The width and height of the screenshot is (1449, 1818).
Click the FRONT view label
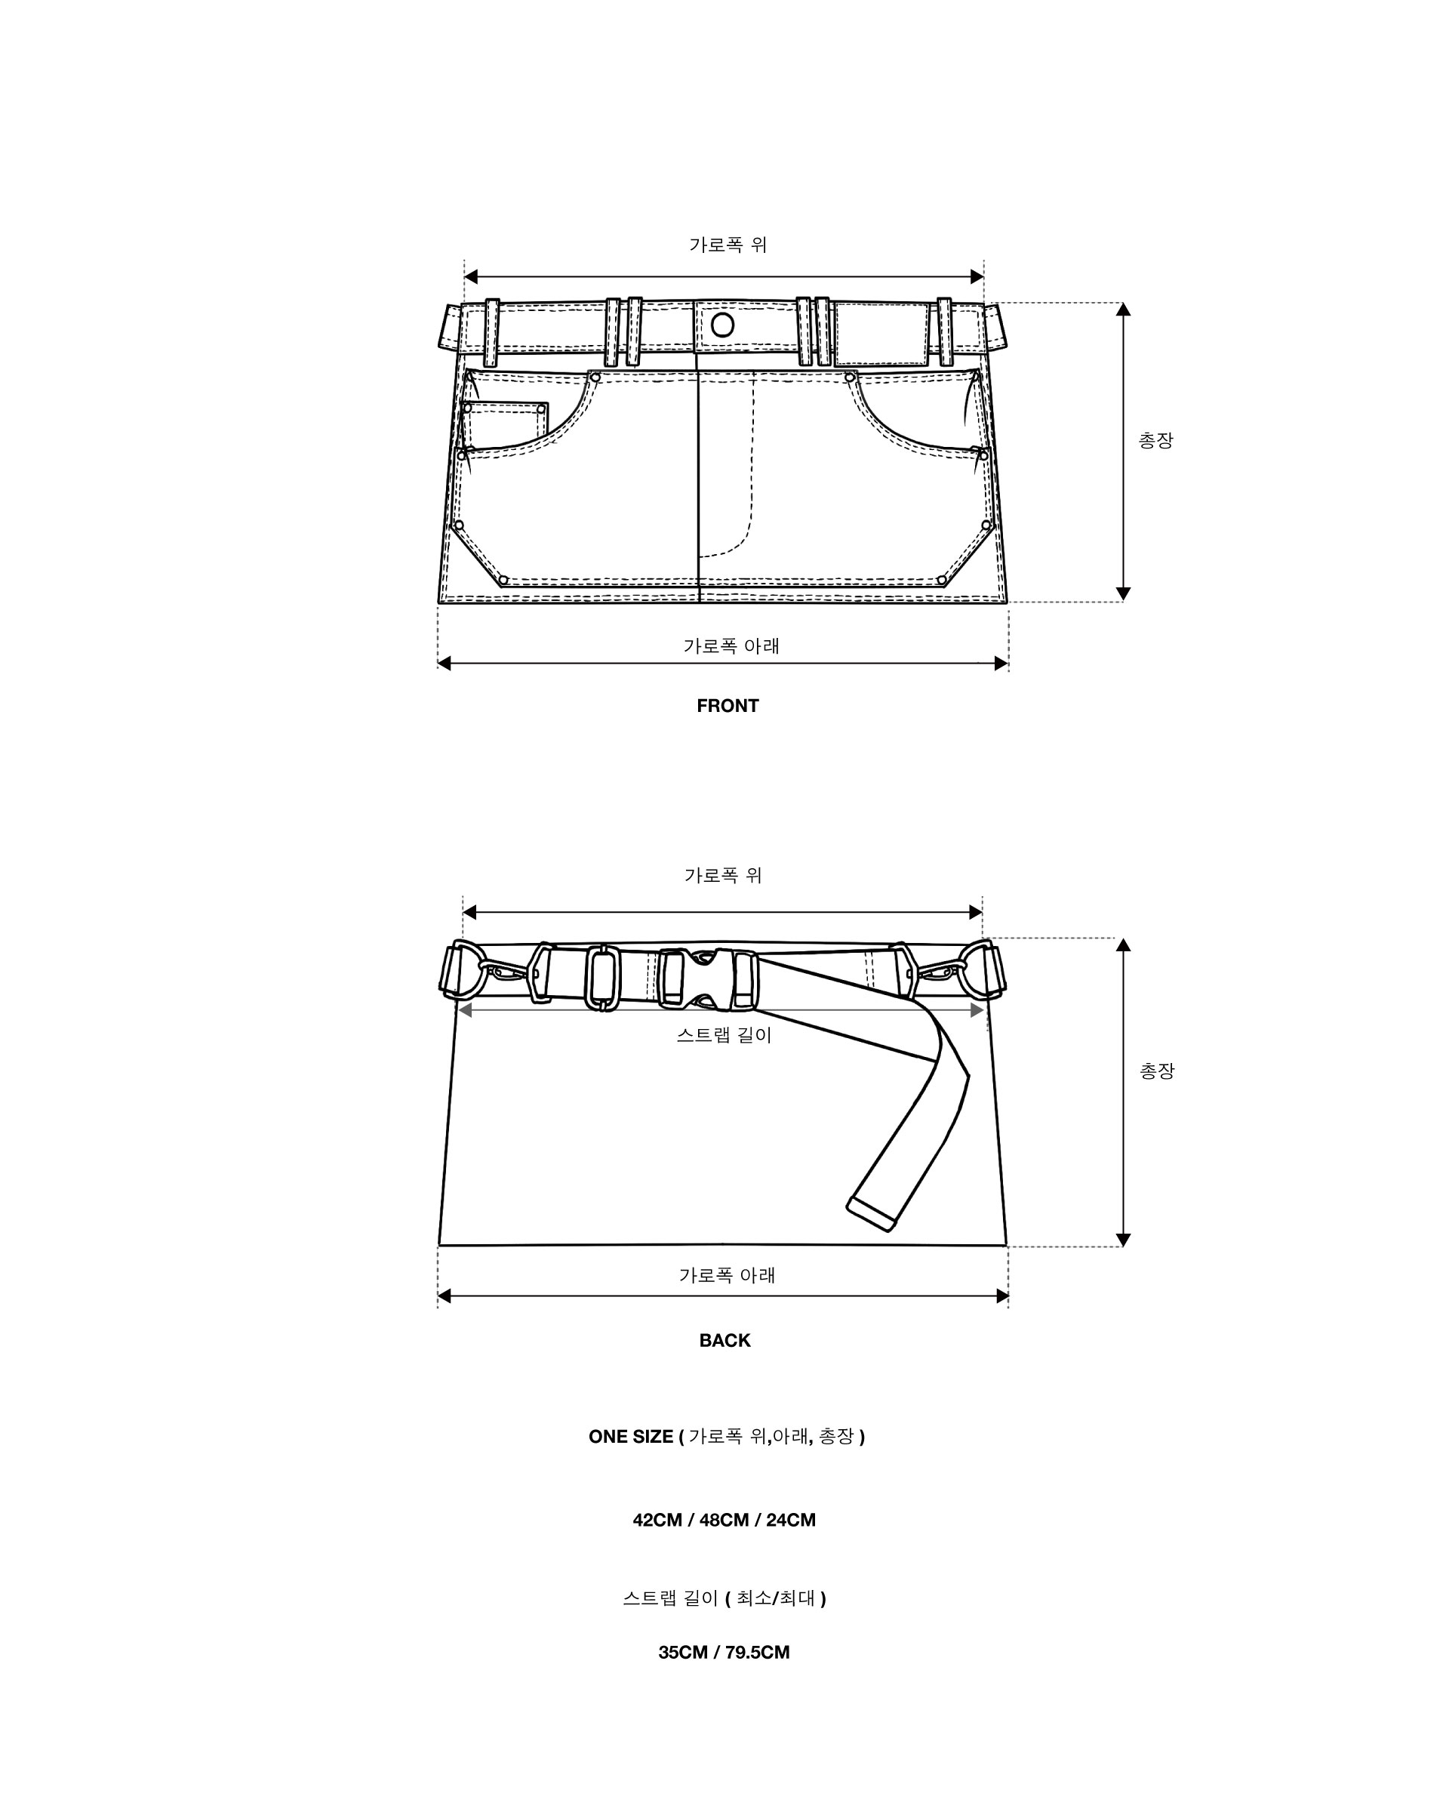727,706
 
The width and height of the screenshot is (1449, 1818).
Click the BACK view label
724,1340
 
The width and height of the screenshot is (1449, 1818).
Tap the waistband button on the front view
722,325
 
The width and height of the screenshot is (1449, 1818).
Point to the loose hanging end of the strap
872,1214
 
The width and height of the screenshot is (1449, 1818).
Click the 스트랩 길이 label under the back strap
724,1034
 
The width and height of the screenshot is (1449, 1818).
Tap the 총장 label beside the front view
1155,440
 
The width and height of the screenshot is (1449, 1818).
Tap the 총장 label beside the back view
1156,1071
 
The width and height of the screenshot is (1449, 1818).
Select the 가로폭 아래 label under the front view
731,646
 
